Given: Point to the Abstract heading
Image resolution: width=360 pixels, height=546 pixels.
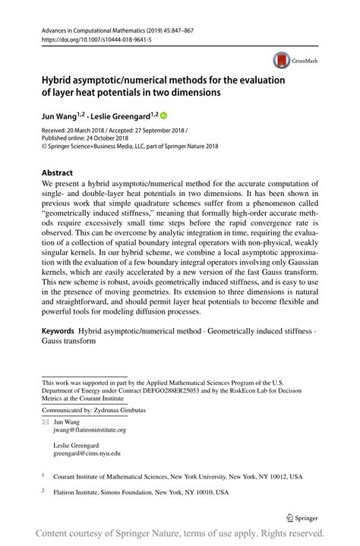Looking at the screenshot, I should pyautogui.click(x=58, y=172).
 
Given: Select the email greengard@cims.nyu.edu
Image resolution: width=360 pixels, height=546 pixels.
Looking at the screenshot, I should pyautogui.click(x=87, y=454).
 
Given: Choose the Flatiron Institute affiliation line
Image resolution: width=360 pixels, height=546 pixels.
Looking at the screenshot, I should pyautogui.click(x=144, y=492).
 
